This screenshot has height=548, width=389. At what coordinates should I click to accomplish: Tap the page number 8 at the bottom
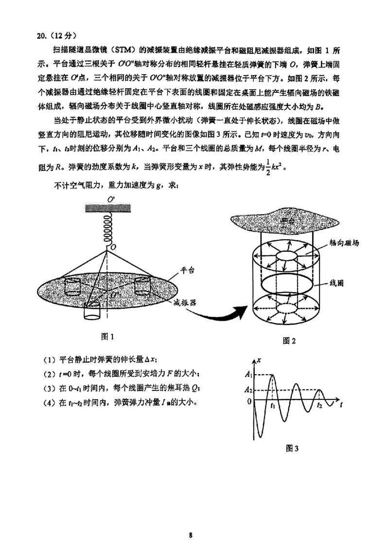click(x=191, y=522)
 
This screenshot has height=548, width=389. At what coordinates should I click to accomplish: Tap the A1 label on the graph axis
click(x=249, y=374)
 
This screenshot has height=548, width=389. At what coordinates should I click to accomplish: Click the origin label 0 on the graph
click(x=249, y=401)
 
